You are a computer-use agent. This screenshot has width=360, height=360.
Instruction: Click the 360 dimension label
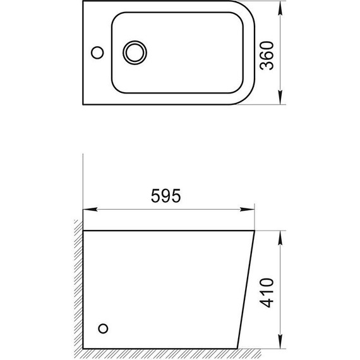pyautogui.click(x=267, y=56)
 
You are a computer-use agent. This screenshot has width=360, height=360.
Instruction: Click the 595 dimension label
pyautogui.click(x=165, y=196)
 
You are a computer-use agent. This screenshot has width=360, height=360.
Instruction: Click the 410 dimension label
pyautogui.click(x=267, y=292)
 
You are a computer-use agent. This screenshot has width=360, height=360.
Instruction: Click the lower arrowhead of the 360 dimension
pyautogui.click(x=280, y=97)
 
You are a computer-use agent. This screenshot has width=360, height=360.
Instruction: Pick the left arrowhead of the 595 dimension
pyautogui.click(x=90, y=210)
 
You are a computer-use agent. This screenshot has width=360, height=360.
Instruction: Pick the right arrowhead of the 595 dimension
pyautogui.click(x=248, y=210)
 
